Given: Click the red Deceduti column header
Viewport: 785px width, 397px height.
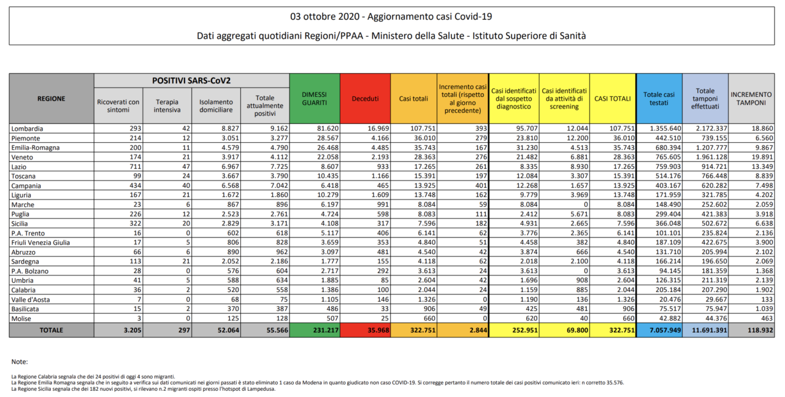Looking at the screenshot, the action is pyautogui.click(x=365, y=99).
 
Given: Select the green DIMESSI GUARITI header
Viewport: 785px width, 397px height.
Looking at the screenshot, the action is pyautogui.click(x=315, y=99).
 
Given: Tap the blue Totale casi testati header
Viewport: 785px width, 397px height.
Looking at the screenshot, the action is pyautogui.click(x=659, y=99).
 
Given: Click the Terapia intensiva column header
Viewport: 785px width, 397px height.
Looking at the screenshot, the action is pyautogui.click(x=167, y=106).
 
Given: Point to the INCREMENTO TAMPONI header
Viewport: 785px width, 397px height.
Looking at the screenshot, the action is pyautogui.click(x=751, y=99).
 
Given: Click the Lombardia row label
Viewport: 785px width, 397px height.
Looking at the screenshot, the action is pyautogui.click(x=28, y=129).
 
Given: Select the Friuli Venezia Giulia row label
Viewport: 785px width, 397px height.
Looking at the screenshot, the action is pyautogui.click(x=40, y=243).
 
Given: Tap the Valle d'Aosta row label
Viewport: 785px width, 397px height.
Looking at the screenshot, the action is pyautogui.click(x=31, y=299).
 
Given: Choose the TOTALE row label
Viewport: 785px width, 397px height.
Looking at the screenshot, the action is pyautogui.click(x=51, y=330).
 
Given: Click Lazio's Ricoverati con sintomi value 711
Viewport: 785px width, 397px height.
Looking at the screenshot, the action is pyautogui.click(x=136, y=166).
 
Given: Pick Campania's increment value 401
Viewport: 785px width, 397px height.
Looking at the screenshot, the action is pyautogui.click(x=481, y=185).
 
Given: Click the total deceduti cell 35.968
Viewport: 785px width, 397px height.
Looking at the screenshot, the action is pyautogui.click(x=378, y=330).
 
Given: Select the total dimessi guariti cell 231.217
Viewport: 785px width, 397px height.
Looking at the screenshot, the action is pyautogui.click(x=326, y=330).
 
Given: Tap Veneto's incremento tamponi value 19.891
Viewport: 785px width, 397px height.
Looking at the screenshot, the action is pyautogui.click(x=762, y=157).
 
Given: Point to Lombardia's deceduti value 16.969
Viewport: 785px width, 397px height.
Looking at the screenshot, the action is pyautogui.click(x=378, y=129).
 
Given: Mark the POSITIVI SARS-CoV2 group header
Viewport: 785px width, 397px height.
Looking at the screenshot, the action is pyautogui.click(x=191, y=80).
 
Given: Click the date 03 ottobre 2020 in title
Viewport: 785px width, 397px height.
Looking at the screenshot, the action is pyautogui.click(x=325, y=17).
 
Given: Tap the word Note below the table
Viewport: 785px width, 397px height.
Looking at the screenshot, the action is pyautogui.click(x=20, y=361).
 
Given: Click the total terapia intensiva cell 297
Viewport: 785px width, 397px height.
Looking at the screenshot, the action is pyautogui.click(x=184, y=330).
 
